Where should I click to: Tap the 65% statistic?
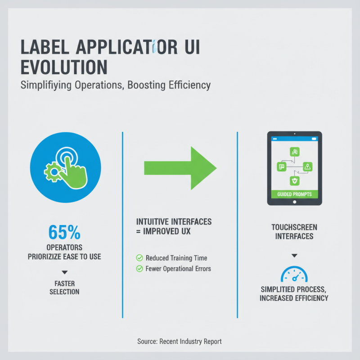coord(64,232)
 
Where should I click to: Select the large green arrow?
coord(180,167)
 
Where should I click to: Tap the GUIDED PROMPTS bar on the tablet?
coord(294,194)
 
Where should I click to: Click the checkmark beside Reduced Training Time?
coord(139,258)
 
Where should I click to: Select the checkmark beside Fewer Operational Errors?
coord(139,269)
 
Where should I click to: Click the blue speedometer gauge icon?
coord(294,274)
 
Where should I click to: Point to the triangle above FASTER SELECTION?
coord(64,272)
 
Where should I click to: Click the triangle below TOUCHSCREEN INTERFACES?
coord(294,255)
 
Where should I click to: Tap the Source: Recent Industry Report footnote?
coord(180,342)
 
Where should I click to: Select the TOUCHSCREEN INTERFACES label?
coord(294,232)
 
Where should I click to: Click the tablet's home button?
coord(294,202)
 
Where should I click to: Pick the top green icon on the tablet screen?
coord(294,152)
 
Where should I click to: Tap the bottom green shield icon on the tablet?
coord(294,181)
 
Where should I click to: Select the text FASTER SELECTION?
coord(64,288)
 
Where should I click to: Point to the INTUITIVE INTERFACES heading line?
coord(174,222)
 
